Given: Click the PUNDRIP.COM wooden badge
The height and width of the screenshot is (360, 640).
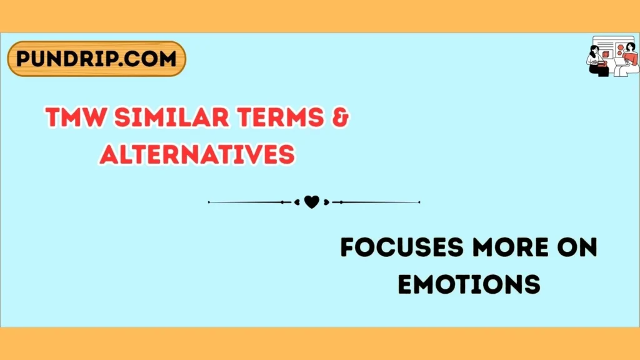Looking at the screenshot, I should [96, 59].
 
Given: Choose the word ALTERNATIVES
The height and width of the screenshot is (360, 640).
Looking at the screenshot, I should [197, 153].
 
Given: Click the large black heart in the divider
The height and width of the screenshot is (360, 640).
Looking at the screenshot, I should [311, 202].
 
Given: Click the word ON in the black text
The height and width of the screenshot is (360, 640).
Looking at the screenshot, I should [575, 248].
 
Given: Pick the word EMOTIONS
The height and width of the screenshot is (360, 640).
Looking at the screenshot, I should [469, 284].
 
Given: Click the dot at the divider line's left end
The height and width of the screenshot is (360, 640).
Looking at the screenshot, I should [209, 202].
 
